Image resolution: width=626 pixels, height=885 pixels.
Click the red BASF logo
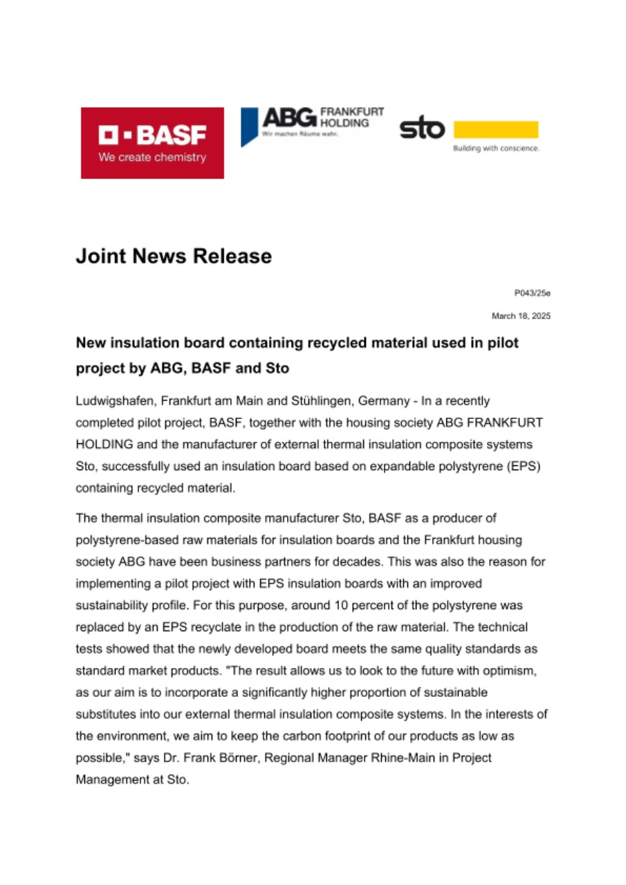152,142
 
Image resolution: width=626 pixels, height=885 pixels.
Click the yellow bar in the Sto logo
495,129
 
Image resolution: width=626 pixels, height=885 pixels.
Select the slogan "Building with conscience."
495,148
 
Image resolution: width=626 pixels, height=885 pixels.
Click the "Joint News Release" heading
174,257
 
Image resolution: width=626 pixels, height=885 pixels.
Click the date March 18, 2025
521,316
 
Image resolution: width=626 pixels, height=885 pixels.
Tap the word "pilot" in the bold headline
501,343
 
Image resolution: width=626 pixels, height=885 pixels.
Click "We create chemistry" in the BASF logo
152,158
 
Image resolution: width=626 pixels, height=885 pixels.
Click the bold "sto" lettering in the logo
422,129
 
